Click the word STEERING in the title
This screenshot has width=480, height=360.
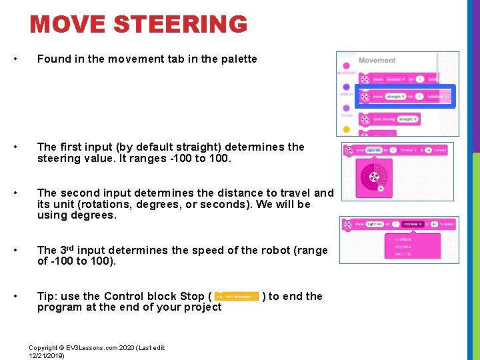click(x=181, y=25)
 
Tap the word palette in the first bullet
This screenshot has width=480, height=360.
click(x=237, y=59)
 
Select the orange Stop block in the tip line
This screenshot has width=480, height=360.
click(x=236, y=297)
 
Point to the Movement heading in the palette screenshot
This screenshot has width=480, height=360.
click(x=377, y=60)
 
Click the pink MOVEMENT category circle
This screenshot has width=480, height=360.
click(x=346, y=65)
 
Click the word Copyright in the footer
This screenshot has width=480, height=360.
click(x=43, y=348)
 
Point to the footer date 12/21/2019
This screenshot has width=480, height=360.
click(x=47, y=356)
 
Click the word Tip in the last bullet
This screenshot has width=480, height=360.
click(x=47, y=297)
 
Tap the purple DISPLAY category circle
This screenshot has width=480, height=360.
click(x=346, y=87)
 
